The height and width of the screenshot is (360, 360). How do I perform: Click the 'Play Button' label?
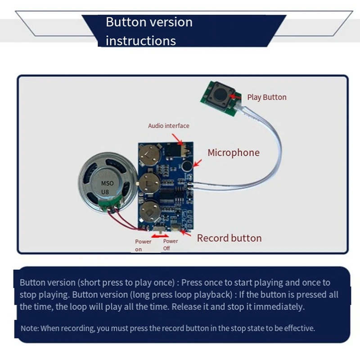(x=266, y=97)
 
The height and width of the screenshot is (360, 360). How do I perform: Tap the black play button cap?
(x=221, y=94)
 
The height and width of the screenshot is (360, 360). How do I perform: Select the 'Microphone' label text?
(x=234, y=153)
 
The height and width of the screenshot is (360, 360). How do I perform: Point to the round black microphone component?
(x=187, y=166)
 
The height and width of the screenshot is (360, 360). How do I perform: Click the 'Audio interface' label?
(x=168, y=126)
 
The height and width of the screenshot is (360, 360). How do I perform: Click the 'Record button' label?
(x=229, y=238)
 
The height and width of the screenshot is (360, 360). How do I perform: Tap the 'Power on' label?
(x=143, y=245)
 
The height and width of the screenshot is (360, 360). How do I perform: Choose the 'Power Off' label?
(x=171, y=244)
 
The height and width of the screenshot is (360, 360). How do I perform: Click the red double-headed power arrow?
(x=160, y=236)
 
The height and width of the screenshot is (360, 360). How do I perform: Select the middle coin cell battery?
(x=149, y=183)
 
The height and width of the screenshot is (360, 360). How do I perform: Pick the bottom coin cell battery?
(x=149, y=211)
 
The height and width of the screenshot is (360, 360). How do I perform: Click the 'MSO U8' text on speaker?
(x=107, y=187)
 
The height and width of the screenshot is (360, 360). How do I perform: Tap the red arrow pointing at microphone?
(x=198, y=163)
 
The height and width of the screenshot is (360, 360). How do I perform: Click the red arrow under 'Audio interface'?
(x=177, y=139)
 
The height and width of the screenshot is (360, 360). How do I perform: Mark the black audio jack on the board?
(x=173, y=150)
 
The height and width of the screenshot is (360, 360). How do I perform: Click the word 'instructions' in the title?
(x=141, y=41)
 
